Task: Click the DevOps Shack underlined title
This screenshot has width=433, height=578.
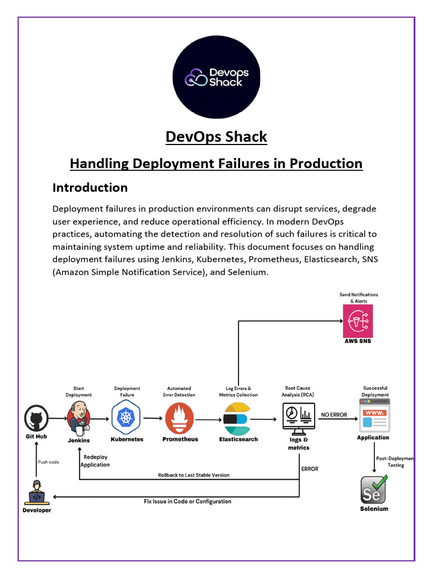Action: [x=216, y=137]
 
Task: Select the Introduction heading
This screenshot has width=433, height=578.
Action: [x=90, y=187]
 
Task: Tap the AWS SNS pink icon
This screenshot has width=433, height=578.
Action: [x=357, y=321]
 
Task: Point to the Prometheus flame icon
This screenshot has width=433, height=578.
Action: [x=179, y=418]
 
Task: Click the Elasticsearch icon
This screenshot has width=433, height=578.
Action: [x=237, y=419]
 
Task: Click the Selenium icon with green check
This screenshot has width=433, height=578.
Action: [x=374, y=489]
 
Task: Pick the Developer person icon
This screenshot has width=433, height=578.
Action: [x=36, y=493]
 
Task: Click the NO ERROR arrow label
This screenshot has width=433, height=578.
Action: [x=334, y=415]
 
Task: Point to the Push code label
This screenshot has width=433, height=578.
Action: [x=48, y=462]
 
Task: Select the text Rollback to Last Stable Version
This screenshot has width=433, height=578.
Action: [x=194, y=475]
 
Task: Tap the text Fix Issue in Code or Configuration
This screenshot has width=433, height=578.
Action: [x=187, y=501]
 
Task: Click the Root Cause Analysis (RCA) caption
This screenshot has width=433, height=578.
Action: [x=298, y=391]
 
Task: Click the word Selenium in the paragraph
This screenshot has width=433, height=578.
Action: [x=245, y=272]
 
